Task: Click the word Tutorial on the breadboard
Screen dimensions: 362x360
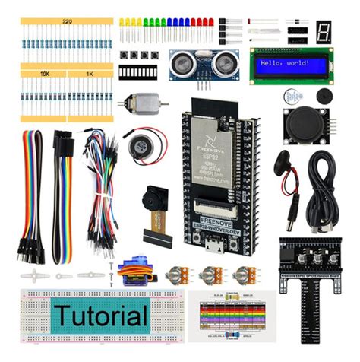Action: click(100, 315)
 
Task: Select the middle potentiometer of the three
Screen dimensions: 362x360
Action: click(211, 273)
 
